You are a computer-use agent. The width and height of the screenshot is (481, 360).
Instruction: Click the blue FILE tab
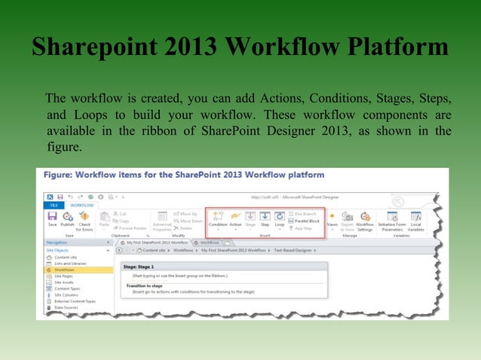point(54,204)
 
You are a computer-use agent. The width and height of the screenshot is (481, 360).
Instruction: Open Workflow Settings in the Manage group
point(365,219)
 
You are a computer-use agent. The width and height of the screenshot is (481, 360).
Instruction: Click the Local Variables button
point(415,219)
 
